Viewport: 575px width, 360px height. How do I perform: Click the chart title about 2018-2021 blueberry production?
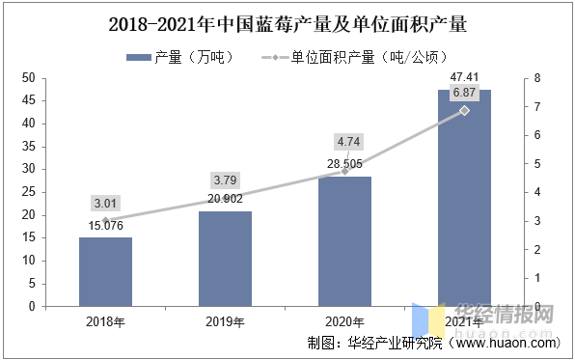click(x=287, y=22)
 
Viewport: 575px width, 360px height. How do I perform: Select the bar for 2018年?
click(x=105, y=272)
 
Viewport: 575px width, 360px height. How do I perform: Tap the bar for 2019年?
click(x=225, y=259)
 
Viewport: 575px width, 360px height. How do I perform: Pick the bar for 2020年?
click(x=344, y=241)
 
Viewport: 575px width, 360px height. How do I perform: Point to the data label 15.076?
click(x=105, y=227)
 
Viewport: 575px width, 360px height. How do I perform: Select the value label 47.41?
click(x=464, y=77)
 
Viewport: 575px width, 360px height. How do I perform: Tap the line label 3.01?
click(x=105, y=203)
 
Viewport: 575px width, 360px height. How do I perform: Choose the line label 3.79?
click(x=225, y=180)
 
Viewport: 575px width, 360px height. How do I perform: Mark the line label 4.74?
click(x=344, y=140)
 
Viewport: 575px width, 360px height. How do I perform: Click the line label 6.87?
click(x=464, y=93)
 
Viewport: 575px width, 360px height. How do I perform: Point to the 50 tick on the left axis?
click(x=28, y=77)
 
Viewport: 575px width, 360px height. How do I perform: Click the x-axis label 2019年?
click(x=225, y=321)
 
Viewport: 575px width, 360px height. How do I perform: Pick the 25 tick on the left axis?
click(x=28, y=192)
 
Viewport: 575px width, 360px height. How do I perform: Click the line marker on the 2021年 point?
click(x=464, y=110)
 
